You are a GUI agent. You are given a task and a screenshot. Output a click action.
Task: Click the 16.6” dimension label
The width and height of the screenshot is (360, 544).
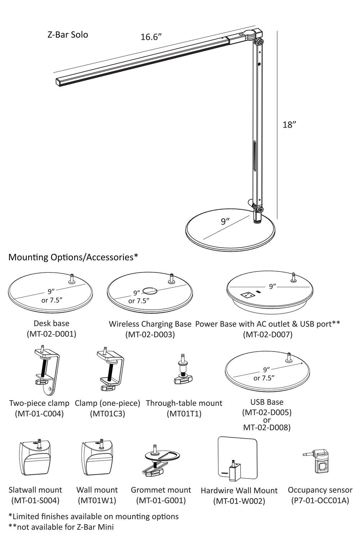[151, 37]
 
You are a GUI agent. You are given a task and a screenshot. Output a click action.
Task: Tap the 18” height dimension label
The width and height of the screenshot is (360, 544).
[289, 125]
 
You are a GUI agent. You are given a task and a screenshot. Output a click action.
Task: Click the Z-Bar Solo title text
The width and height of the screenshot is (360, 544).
[68, 35]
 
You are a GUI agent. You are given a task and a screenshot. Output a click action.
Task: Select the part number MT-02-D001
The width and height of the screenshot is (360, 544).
[51, 334]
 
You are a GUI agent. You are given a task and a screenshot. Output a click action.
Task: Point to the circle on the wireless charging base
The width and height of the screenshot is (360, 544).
[150, 290]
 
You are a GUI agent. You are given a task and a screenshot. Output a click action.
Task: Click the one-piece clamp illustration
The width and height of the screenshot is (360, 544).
[111, 369]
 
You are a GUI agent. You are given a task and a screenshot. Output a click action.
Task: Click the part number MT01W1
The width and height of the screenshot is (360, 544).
[97, 500]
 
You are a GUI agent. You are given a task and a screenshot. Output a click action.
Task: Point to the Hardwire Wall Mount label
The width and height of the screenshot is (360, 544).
[239, 491]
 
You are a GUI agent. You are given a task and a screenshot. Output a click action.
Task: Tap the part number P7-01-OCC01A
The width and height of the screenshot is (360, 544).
[320, 500]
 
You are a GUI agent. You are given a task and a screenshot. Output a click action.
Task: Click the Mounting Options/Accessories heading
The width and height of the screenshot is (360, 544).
[73, 257]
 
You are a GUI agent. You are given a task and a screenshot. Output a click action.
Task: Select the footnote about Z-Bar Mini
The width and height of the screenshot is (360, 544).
[61, 527]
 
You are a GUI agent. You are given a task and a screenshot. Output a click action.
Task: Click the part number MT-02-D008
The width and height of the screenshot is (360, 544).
[267, 427]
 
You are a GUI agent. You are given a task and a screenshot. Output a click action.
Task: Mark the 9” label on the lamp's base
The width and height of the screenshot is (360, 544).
[225, 222]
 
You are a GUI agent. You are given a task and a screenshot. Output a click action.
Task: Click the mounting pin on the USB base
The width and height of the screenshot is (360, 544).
[289, 357]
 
